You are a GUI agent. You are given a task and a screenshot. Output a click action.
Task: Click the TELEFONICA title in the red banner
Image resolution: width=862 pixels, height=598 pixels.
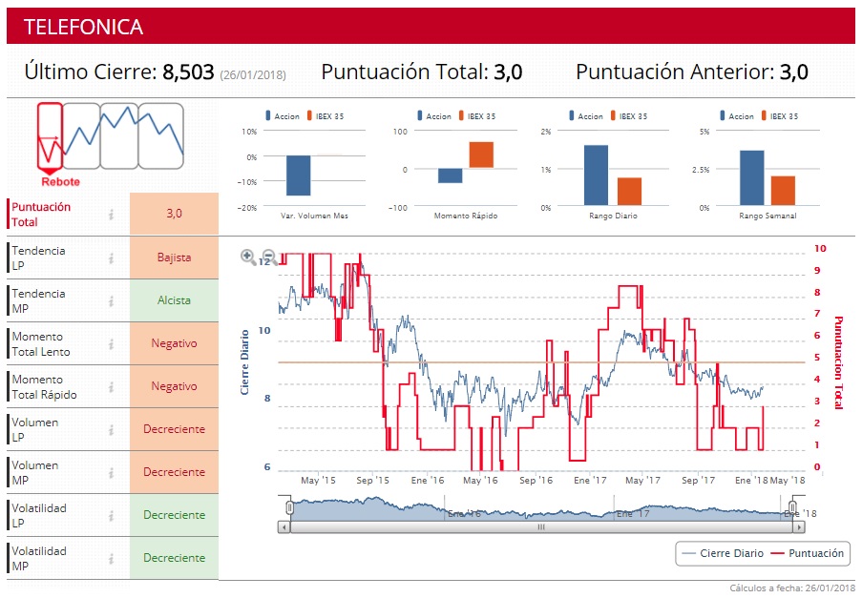pyautogui.click(x=83, y=27)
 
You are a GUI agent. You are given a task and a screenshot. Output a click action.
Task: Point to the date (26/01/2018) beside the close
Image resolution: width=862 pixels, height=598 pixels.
pyautogui.click(x=252, y=74)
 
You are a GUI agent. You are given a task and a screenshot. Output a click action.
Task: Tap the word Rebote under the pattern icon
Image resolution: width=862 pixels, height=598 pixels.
pyautogui.click(x=60, y=181)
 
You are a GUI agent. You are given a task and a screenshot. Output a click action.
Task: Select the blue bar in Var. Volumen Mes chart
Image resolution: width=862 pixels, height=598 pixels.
pyautogui.click(x=299, y=175)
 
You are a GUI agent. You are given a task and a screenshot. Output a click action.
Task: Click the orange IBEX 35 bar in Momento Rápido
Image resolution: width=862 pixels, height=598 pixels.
pyautogui.click(x=480, y=155)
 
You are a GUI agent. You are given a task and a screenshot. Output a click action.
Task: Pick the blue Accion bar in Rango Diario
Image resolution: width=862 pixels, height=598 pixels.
pyautogui.click(x=596, y=175)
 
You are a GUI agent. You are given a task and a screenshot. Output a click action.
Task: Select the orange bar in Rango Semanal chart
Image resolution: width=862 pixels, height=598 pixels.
pyautogui.click(x=783, y=190)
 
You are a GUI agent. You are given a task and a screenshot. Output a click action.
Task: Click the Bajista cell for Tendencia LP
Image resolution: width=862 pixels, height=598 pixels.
pyautogui.click(x=174, y=258)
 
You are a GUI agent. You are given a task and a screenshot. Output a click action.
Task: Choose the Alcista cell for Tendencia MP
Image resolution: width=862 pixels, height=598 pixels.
pyautogui.click(x=174, y=300)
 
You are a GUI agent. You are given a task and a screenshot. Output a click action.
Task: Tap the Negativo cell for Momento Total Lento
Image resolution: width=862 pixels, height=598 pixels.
pyautogui.click(x=174, y=343)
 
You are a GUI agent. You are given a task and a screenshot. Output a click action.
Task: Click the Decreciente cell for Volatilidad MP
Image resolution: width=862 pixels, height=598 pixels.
pyautogui.click(x=174, y=558)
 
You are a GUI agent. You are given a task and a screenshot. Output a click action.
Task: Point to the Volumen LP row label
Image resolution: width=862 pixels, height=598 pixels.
pyautogui.click(x=34, y=429)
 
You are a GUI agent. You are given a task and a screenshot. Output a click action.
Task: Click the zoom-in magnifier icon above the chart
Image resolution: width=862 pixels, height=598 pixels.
pyautogui.click(x=248, y=256)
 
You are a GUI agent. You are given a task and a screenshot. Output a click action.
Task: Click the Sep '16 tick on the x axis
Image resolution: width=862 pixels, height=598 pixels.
pyautogui.click(x=536, y=481)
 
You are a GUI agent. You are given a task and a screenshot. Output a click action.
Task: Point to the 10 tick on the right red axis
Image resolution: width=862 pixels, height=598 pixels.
pyautogui.click(x=820, y=248)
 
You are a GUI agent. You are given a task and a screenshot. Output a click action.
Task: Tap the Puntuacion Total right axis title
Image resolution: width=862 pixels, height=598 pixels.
pyautogui.click(x=838, y=362)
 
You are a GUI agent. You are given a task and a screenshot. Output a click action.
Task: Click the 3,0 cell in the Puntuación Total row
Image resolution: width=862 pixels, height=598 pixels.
pyautogui.click(x=174, y=214)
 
